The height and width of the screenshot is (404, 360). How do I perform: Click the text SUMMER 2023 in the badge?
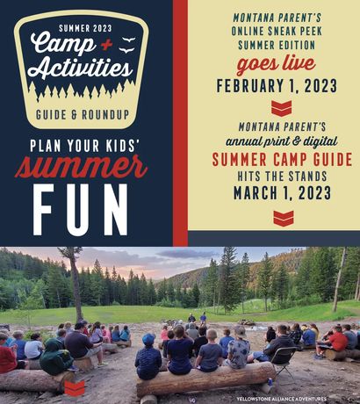tap(85, 28)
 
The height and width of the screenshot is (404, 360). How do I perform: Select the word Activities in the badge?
tap(80, 69)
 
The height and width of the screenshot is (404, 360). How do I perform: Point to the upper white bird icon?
tap(128, 40)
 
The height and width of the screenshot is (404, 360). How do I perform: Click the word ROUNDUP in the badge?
tap(105, 114)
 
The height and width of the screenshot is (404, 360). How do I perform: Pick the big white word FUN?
tap(81, 210)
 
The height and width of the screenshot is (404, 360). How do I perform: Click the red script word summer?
tap(81, 168)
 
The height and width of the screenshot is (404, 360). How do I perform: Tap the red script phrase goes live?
tap(276, 65)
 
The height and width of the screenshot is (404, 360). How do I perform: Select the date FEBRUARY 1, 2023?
tap(277, 86)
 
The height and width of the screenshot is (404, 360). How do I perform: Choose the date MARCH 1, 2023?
tap(283, 193)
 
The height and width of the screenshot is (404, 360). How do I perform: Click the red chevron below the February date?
tap(282, 108)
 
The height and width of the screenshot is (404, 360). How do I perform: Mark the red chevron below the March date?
tap(284, 218)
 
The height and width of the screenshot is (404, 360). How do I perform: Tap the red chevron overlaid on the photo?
tap(75, 388)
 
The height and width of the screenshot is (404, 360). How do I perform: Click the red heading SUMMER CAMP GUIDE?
tap(282, 160)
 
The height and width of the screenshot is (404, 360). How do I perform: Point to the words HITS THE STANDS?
tap(282, 177)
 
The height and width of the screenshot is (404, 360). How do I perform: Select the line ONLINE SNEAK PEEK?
tap(277, 31)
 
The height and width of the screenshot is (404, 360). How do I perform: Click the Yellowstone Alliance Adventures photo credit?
tap(281, 399)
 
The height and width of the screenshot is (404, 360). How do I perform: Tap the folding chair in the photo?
tap(283, 361)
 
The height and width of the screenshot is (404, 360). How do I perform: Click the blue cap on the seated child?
tap(148, 340)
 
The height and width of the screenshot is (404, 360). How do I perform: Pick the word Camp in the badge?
tap(62, 43)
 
